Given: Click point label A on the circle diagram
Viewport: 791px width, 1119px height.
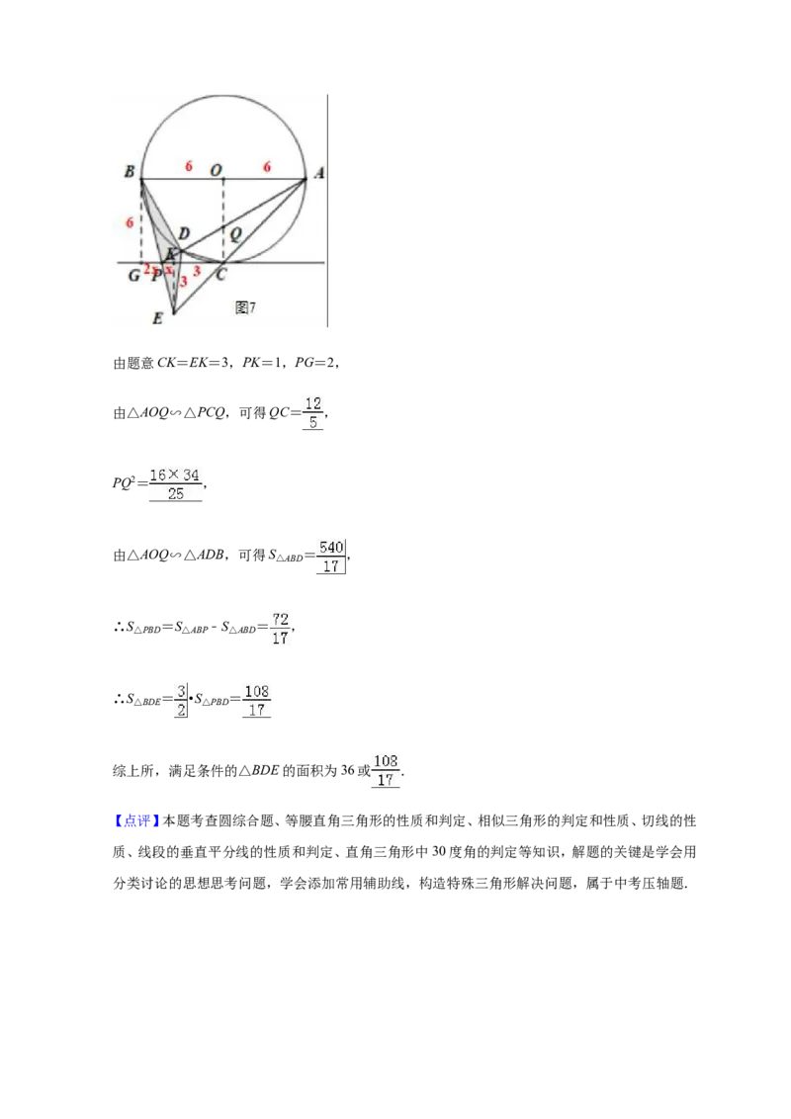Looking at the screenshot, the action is pyautogui.click(x=318, y=173).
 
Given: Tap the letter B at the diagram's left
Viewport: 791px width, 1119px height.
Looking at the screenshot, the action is pyautogui.click(x=130, y=171).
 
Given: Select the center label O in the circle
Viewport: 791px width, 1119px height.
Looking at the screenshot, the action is pyautogui.click(x=216, y=171).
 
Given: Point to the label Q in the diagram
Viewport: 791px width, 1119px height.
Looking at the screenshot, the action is pyautogui.click(x=235, y=232).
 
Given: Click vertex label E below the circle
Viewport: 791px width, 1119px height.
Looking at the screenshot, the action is pyautogui.click(x=158, y=318).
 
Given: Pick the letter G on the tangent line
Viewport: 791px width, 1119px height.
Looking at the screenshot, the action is pyautogui.click(x=133, y=275).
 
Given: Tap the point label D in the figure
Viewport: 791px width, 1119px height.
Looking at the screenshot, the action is pyautogui.click(x=184, y=233).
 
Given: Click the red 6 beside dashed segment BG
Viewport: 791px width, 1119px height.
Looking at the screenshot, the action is pyautogui.click(x=130, y=222).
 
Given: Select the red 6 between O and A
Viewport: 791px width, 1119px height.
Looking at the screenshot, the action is pyautogui.click(x=267, y=167).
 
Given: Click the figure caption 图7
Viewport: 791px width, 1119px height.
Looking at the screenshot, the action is pyautogui.click(x=245, y=307).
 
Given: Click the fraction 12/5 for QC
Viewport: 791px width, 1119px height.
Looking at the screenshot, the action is pyautogui.click(x=312, y=413).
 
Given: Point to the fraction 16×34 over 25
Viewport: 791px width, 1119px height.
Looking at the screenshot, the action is pyautogui.click(x=176, y=483).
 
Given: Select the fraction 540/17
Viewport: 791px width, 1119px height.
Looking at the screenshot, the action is pyautogui.click(x=331, y=557).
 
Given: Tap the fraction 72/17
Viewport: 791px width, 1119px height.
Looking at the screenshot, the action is pyautogui.click(x=281, y=628).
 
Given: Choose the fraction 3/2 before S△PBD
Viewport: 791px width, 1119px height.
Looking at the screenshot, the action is pyautogui.click(x=181, y=701).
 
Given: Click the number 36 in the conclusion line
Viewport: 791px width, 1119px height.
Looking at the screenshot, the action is pyautogui.click(x=348, y=770).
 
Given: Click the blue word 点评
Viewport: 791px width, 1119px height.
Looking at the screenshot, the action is pyautogui.click(x=136, y=820).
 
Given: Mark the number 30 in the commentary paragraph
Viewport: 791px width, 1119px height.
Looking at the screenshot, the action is pyautogui.click(x=439, y=851).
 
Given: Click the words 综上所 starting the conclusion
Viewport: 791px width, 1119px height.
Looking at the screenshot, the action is pyautogui.click(x=133, y=771).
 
